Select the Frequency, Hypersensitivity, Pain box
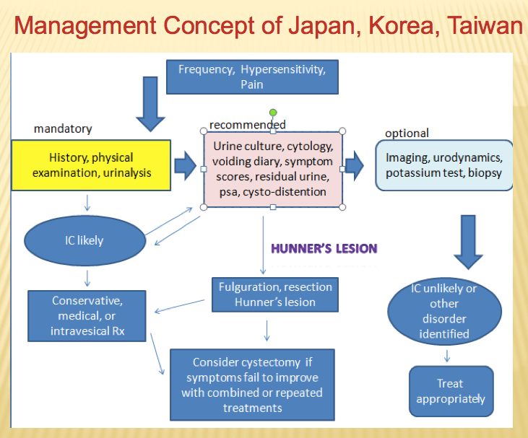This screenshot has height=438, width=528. pyautogui.click(x=251, y=77)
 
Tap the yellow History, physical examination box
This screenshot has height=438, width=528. pyautogui.click(x=91, y=165)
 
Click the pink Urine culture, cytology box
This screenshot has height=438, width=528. pyautogui.click(x=272, y=169)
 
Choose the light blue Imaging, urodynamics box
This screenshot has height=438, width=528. pyautogui.click(x=444, y=165)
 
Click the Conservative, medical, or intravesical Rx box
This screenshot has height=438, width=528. pyautogui.click(x=87, y=315)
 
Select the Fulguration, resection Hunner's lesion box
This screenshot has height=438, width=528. pyautogui.click(x=274, y=294)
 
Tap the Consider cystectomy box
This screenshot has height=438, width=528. pyautogui.click(x=252, y=383)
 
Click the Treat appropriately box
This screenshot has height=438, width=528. pyautogui.click(x=450, y=391)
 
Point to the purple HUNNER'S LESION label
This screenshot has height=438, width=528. pyautogui.click(x=324, y=249)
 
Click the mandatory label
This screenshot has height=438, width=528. pyautogui.click(x=63, y=129)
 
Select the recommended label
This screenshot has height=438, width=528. pyautogui.click(x=247, y=125)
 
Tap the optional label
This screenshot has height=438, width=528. pyautogui.click(x=407, y=133)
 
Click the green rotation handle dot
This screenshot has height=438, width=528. pyautogui.click(x=273, y=113)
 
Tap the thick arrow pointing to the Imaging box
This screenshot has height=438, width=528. pyautogui.click(x=354, y=167)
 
